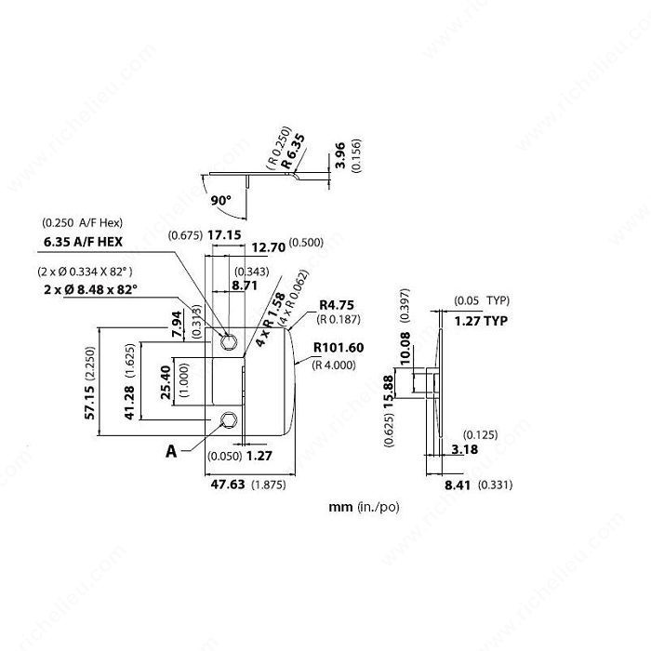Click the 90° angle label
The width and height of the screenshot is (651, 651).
coord(221,201)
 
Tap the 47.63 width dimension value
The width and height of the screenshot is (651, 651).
coord(228,485)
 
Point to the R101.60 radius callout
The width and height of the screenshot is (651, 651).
coord(339,348)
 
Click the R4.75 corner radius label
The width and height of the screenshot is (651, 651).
coord(337,305)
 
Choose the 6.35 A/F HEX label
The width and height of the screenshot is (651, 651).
coord(83,242)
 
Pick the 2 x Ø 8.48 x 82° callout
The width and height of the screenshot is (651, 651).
coord(90,289)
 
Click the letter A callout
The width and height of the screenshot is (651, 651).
coord(171,451)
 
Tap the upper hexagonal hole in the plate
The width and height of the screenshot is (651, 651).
coord(229,342)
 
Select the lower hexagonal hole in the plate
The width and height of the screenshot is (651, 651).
coord(229,419)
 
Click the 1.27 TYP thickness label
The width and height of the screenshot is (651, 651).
coord(481,321)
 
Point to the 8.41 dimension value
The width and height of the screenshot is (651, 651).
coord(458,485)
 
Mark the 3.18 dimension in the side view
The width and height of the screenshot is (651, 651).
coord(465,449)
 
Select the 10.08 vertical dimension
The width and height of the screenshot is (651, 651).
coord(405,348)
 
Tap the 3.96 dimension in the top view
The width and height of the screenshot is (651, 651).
coord(340,155)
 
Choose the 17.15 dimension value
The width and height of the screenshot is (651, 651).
coord(224,235)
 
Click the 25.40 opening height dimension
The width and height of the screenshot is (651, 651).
coord(166,382)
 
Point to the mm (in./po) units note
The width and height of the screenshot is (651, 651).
coord(364,507)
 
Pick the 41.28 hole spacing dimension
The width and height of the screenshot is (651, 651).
coord(129,403)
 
